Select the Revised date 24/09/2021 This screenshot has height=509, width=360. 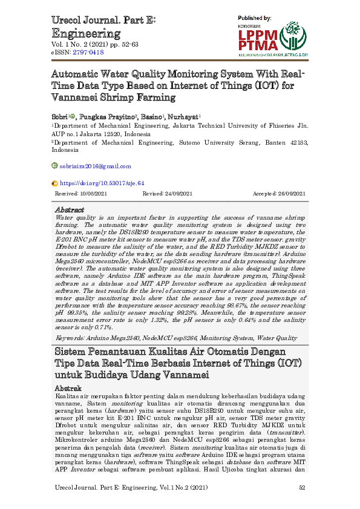coord(176,193)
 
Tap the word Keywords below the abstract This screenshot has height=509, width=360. coord(68,338)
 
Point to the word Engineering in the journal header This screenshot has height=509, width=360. coord(86,33)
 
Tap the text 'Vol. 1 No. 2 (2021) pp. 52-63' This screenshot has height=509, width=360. coord(95,45)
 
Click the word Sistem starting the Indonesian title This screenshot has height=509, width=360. coord(71,352)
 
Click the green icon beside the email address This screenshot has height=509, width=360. coord(55,166)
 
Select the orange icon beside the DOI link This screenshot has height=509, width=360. coord(55,182)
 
